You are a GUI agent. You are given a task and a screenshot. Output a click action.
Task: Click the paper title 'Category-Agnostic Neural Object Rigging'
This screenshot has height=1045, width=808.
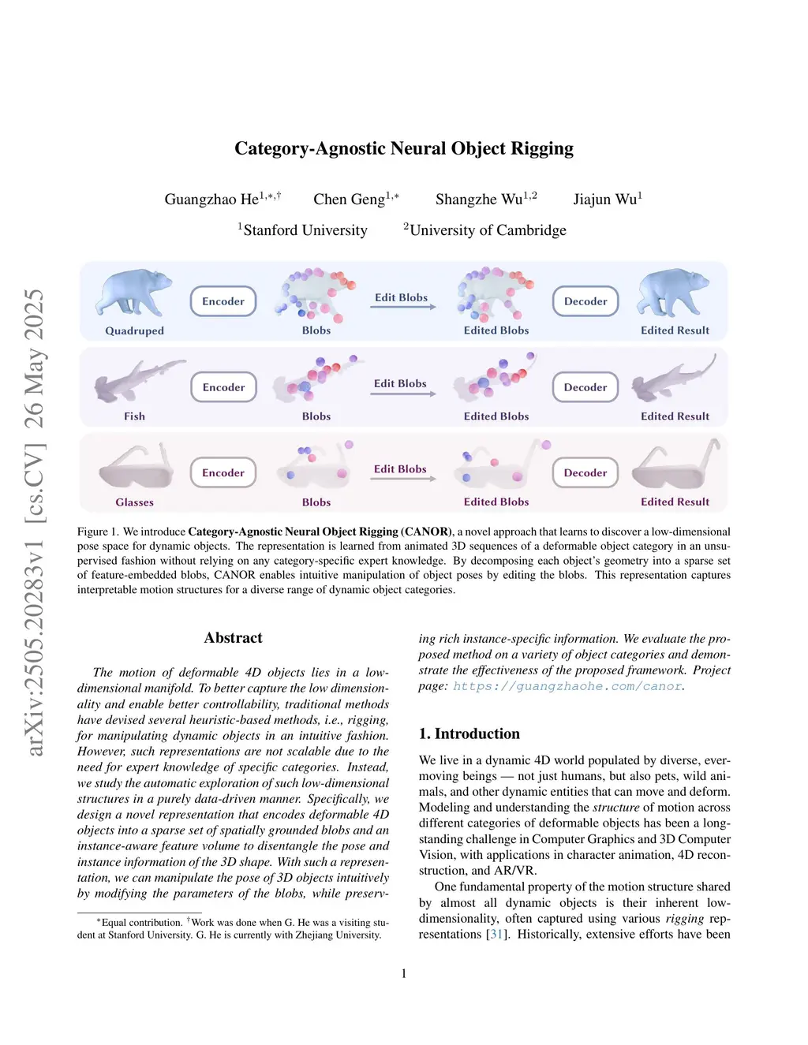point(403,148)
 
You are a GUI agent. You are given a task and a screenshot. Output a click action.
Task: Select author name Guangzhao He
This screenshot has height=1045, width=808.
point(211,200)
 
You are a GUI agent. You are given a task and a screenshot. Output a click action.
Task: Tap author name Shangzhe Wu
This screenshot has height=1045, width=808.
point(479,200)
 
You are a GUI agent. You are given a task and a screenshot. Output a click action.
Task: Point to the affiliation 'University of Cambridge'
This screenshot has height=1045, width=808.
point(488,230)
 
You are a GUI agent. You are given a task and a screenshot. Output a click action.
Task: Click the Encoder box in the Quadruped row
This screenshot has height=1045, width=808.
point(223,301)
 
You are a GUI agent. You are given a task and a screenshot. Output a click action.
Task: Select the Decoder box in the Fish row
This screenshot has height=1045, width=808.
point(585,387)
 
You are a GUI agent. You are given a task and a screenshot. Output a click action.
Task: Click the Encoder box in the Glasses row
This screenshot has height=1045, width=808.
point(223,473)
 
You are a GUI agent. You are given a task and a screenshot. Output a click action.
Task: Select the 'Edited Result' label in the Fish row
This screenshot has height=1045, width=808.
point(675,416)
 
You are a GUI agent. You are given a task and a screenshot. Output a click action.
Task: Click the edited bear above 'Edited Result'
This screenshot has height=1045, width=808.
point(673,293)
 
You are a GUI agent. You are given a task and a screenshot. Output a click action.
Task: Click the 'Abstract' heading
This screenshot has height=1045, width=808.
point(233,638)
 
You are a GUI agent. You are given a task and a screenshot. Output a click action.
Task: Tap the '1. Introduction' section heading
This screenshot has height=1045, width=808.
point(469,734)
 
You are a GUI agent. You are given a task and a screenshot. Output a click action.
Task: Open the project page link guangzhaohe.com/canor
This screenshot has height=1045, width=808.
point(567,686)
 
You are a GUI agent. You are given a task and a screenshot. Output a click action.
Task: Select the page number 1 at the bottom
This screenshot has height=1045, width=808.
point(404,974)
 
